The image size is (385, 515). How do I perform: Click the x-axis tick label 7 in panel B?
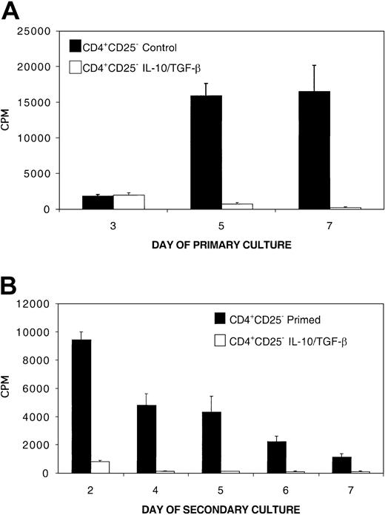point(348,488)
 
